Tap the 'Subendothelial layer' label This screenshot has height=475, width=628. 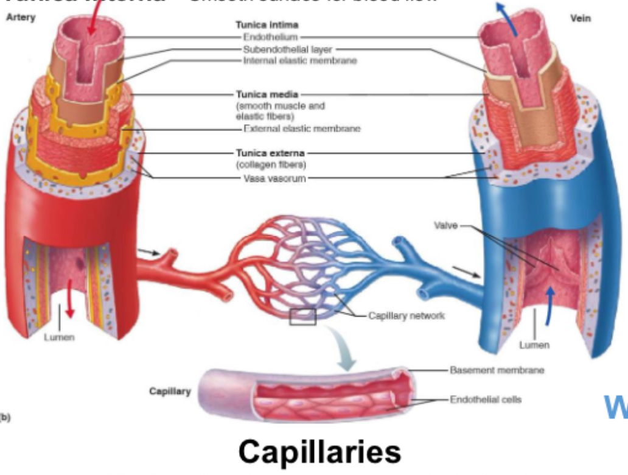coord(279,49)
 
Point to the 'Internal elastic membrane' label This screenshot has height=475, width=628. coord(300,60)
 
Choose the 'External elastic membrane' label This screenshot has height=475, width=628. coord(302,128)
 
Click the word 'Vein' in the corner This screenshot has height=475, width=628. coord(581,18)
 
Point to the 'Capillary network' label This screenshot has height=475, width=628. coord(406,315)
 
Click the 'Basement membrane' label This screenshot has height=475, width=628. coord(497,370)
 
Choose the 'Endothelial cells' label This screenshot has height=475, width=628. coord(486,399)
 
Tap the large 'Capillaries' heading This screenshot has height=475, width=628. coord(319,452)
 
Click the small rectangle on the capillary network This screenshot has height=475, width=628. coord(302,317)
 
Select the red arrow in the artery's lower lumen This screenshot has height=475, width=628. coord(69,298)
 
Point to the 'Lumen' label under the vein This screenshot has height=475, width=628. coord(534,345)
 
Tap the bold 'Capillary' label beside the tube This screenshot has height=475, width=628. coord(170,391)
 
